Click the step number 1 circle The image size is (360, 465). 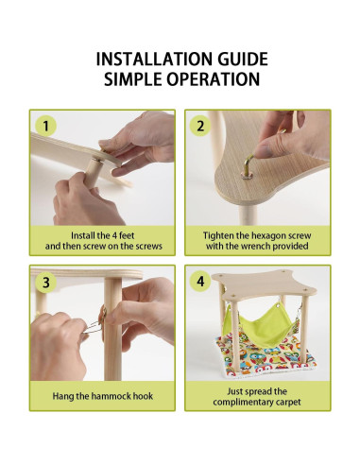click(45, 126)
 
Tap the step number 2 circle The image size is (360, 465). click(200, 126)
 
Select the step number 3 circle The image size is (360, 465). click(45, 282)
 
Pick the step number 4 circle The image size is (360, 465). click(200, 281)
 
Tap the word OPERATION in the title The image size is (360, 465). click(214, 78)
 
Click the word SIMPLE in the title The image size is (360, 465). click(133, 78)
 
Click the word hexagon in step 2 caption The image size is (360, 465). click(266, 236)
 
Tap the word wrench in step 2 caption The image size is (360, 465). click(256, 246)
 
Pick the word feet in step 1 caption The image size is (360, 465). click(127, 235)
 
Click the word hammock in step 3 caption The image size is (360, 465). click(111, 396)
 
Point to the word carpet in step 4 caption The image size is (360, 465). click(288, 403)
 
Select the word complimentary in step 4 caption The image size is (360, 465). click(243, 403)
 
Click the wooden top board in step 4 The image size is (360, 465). click(264, 285)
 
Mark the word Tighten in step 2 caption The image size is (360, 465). click(215, 236)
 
